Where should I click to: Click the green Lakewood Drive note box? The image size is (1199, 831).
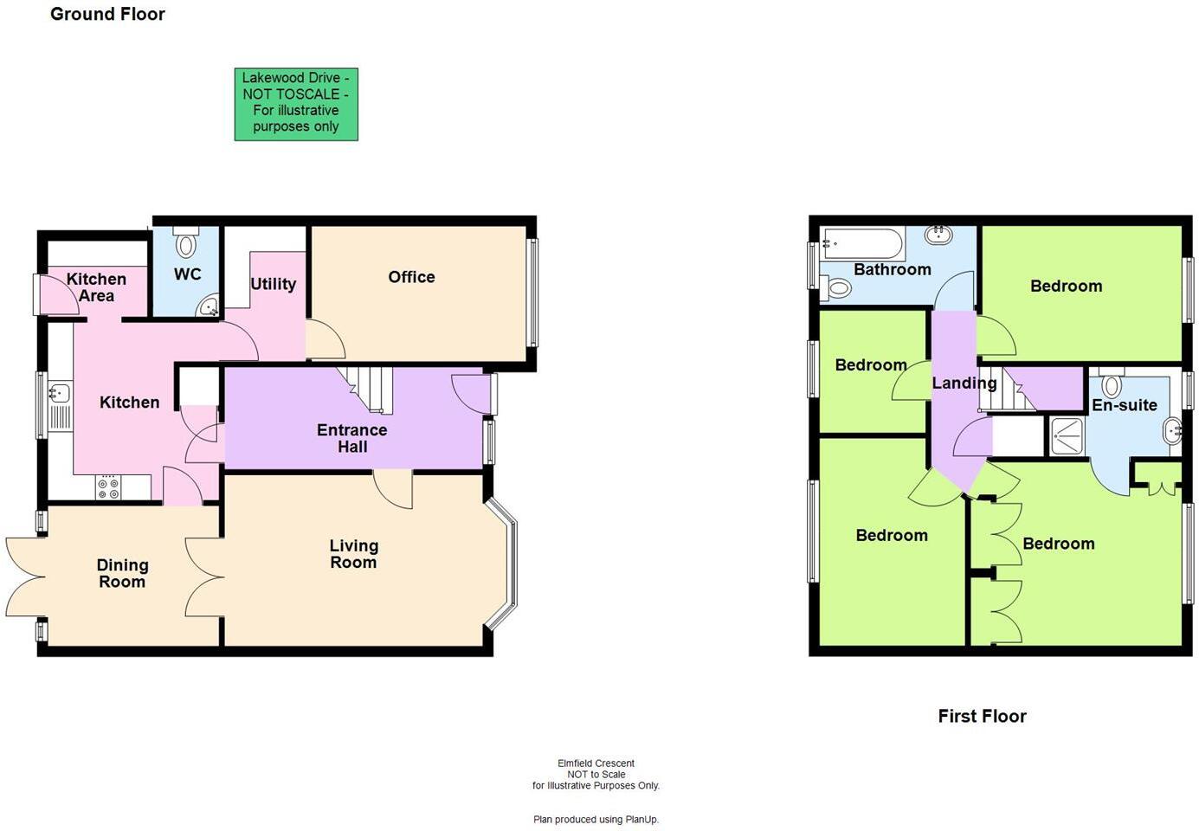[x=296, y=104]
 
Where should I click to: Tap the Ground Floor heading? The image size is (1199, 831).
[x=107, y=14]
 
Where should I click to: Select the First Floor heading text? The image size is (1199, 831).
[x=982, y=716]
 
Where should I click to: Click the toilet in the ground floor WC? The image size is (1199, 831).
[x=186, y=243]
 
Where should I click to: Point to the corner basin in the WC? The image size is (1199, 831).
[x=209, y=306]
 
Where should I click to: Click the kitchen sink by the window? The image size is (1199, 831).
[x=59, y=394]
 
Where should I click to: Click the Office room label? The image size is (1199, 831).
[x=411, y=277]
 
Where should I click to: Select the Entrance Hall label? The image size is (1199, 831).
[x=351, y=438]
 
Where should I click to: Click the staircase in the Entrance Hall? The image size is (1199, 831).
[x=366, y=387]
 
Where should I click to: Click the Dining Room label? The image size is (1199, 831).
[x=122, y=573]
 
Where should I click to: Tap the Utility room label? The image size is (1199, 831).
[x=273, y=284]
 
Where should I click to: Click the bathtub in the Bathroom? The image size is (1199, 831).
[x=863, y=243]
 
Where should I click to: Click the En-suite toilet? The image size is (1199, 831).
[x=1112, y=384]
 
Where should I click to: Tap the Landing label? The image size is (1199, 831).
[x=964, y=383]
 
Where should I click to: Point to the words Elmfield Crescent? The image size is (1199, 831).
[x=596, y=763]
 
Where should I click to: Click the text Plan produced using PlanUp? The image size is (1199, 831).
[x=596, y=819]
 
